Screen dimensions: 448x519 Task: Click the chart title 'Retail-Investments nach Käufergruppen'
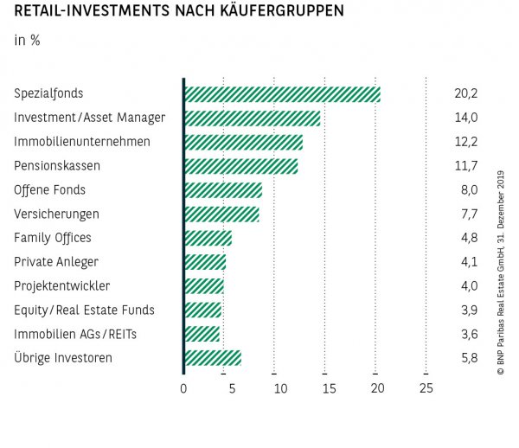pos(178,11)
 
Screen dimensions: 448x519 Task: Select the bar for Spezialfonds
pos(282,94)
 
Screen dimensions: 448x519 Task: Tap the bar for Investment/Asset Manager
pos(252,118)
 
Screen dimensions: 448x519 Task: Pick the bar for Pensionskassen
pos(240,166)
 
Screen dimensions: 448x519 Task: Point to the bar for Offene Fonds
pos(223,190)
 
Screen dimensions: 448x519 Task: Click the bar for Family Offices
pos(208,238)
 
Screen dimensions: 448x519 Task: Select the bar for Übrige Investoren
pos(213,357)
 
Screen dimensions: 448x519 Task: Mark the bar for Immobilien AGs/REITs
pos(202,334)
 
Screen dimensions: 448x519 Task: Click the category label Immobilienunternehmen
pos(82,142)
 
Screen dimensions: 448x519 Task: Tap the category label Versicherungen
pos(56,214)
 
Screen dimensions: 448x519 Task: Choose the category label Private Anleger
pos(56,261)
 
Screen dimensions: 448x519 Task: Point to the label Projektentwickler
pos(61,285)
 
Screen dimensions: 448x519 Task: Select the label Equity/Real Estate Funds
pos(84,310)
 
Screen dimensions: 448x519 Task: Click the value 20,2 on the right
pos(466,94)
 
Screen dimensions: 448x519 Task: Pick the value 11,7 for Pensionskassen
pos(466,166)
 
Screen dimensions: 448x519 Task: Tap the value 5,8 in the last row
pos(466,357)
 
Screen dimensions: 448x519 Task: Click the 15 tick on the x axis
pos(329,389)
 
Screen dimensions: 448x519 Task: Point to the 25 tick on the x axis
pos(426,389)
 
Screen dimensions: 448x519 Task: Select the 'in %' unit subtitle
pos(27,40)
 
